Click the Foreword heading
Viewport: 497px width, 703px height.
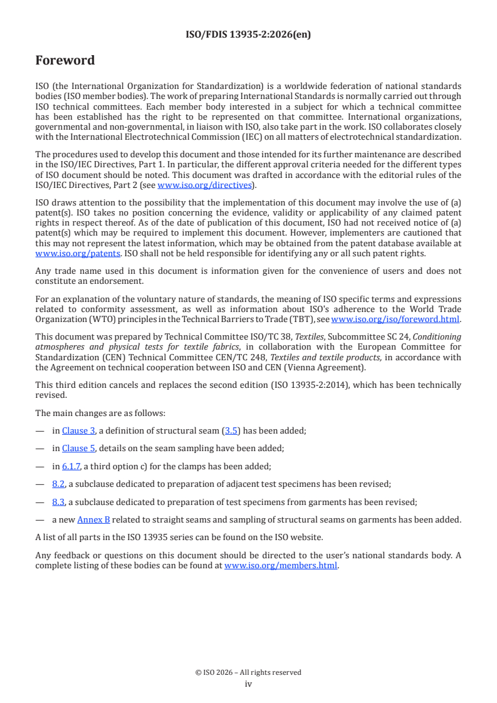point(65,61)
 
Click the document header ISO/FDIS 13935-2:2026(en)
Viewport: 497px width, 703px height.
point(248,35)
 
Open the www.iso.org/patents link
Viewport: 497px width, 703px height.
point(62,254)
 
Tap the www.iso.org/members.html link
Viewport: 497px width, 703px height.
point(281,565)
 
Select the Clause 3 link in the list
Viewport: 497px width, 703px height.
point(78,430)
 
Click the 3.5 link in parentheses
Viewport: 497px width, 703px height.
point(231,430)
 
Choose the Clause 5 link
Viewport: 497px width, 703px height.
point(78,448)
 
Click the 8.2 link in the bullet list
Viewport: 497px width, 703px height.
point(58,484)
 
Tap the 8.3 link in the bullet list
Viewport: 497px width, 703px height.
point(58,501)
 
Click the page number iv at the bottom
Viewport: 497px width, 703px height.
point(248,684)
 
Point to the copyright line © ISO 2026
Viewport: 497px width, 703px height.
point(248,672)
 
